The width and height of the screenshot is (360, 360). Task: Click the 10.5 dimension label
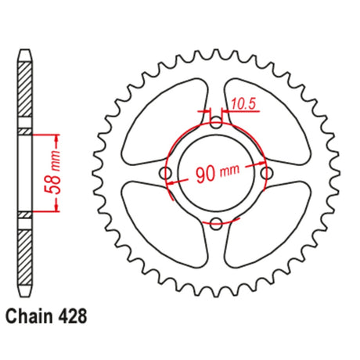coord(243,104)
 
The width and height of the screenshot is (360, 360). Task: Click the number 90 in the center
coord(205,175)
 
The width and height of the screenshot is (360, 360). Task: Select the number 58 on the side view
coord(54,185)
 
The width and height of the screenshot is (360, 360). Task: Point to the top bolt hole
coord(216,122)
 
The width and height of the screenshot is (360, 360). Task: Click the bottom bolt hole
coord(216,224)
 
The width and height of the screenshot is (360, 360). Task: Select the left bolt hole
coord(165,173)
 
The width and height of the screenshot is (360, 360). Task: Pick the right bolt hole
coord(267,173)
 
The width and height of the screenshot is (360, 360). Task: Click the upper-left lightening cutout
coord(164,122)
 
